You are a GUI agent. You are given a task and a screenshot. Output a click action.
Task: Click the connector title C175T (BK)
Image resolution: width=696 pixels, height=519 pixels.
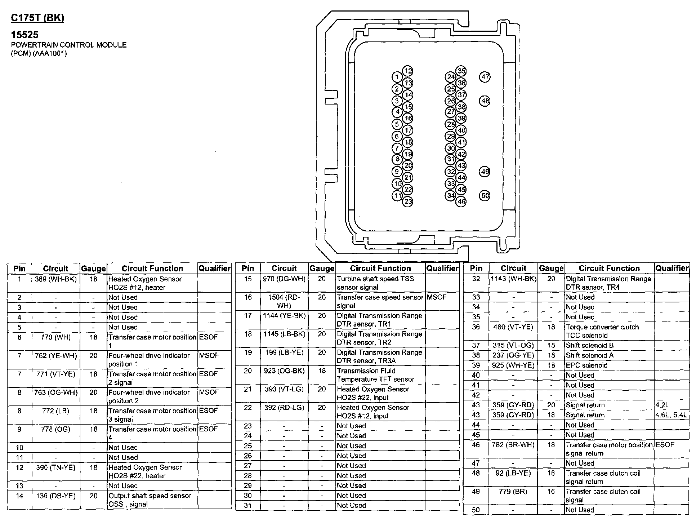(37, 18)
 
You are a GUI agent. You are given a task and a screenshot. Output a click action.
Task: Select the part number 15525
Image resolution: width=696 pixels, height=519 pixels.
(24, 35)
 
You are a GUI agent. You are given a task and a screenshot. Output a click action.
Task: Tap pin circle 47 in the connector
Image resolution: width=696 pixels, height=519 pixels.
(485, 77)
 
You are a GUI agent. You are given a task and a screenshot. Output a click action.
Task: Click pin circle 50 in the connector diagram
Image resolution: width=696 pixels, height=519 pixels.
(485, 196)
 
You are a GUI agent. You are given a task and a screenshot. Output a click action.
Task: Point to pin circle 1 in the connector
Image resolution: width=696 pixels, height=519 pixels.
(397, 77)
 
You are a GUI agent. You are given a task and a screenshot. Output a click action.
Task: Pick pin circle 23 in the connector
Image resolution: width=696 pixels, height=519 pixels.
(408, 201)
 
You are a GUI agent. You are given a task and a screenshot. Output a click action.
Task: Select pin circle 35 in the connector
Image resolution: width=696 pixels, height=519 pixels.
(461, 71)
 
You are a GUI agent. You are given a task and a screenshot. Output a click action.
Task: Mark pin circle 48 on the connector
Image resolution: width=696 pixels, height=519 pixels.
(485, 101)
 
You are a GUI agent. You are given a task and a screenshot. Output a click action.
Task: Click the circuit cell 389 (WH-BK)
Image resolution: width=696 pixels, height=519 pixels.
(56, 279)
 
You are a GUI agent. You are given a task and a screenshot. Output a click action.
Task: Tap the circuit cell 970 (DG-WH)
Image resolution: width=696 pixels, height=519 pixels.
(284, 279)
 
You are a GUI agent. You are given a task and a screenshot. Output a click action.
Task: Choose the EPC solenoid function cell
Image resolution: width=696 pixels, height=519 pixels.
(586, 365)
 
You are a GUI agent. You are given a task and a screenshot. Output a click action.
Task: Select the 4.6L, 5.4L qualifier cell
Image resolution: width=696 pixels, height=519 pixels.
(671, 415)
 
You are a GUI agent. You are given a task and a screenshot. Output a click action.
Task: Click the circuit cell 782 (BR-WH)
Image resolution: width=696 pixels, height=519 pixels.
(513, 445)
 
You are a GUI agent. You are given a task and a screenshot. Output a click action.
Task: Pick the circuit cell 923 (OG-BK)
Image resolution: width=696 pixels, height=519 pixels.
(284, 371)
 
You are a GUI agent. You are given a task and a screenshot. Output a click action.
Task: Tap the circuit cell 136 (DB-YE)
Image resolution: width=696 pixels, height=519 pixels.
(56, 496)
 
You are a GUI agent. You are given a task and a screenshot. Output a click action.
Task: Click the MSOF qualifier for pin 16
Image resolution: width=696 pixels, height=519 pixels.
(436, 297)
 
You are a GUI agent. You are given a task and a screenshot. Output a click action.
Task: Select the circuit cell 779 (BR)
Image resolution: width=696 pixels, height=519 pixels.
(513, 492)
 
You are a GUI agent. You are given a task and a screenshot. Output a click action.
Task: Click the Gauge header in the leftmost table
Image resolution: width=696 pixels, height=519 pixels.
(93, 269)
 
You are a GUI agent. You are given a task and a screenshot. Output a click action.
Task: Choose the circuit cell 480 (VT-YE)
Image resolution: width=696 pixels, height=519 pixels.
(513, 327)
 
